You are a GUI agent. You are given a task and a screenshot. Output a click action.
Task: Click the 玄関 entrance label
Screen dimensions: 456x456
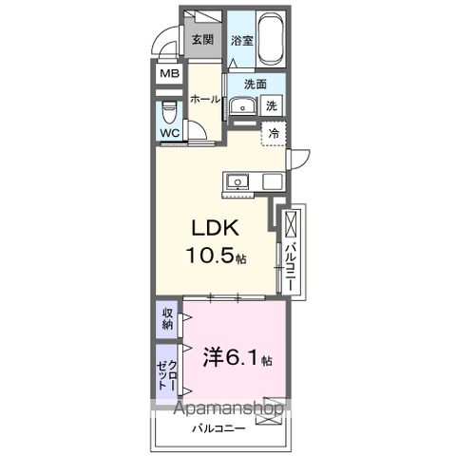pos(201,40)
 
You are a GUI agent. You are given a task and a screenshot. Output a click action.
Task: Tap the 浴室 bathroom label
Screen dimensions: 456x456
pos(241,41)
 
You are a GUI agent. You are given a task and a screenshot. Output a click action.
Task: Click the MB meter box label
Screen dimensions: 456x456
pos(169,74)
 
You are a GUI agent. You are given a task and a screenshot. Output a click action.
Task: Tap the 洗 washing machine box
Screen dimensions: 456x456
pos(272,105)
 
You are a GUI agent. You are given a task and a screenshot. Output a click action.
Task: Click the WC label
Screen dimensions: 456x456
pos(170,133)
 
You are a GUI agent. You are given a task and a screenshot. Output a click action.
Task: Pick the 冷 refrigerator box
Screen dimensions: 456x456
pos(274,135)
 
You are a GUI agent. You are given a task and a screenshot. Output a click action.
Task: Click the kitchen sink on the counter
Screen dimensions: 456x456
pos(237,181)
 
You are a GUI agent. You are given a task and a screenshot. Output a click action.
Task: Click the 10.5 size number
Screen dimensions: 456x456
pos(218,257)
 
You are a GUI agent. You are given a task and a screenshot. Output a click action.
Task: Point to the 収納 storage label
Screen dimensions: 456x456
pos(167,319)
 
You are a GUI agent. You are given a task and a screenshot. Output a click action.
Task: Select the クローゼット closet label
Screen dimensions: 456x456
pos(167,370)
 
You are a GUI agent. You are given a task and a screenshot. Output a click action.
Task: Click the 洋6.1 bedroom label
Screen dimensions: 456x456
pos(237,360)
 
